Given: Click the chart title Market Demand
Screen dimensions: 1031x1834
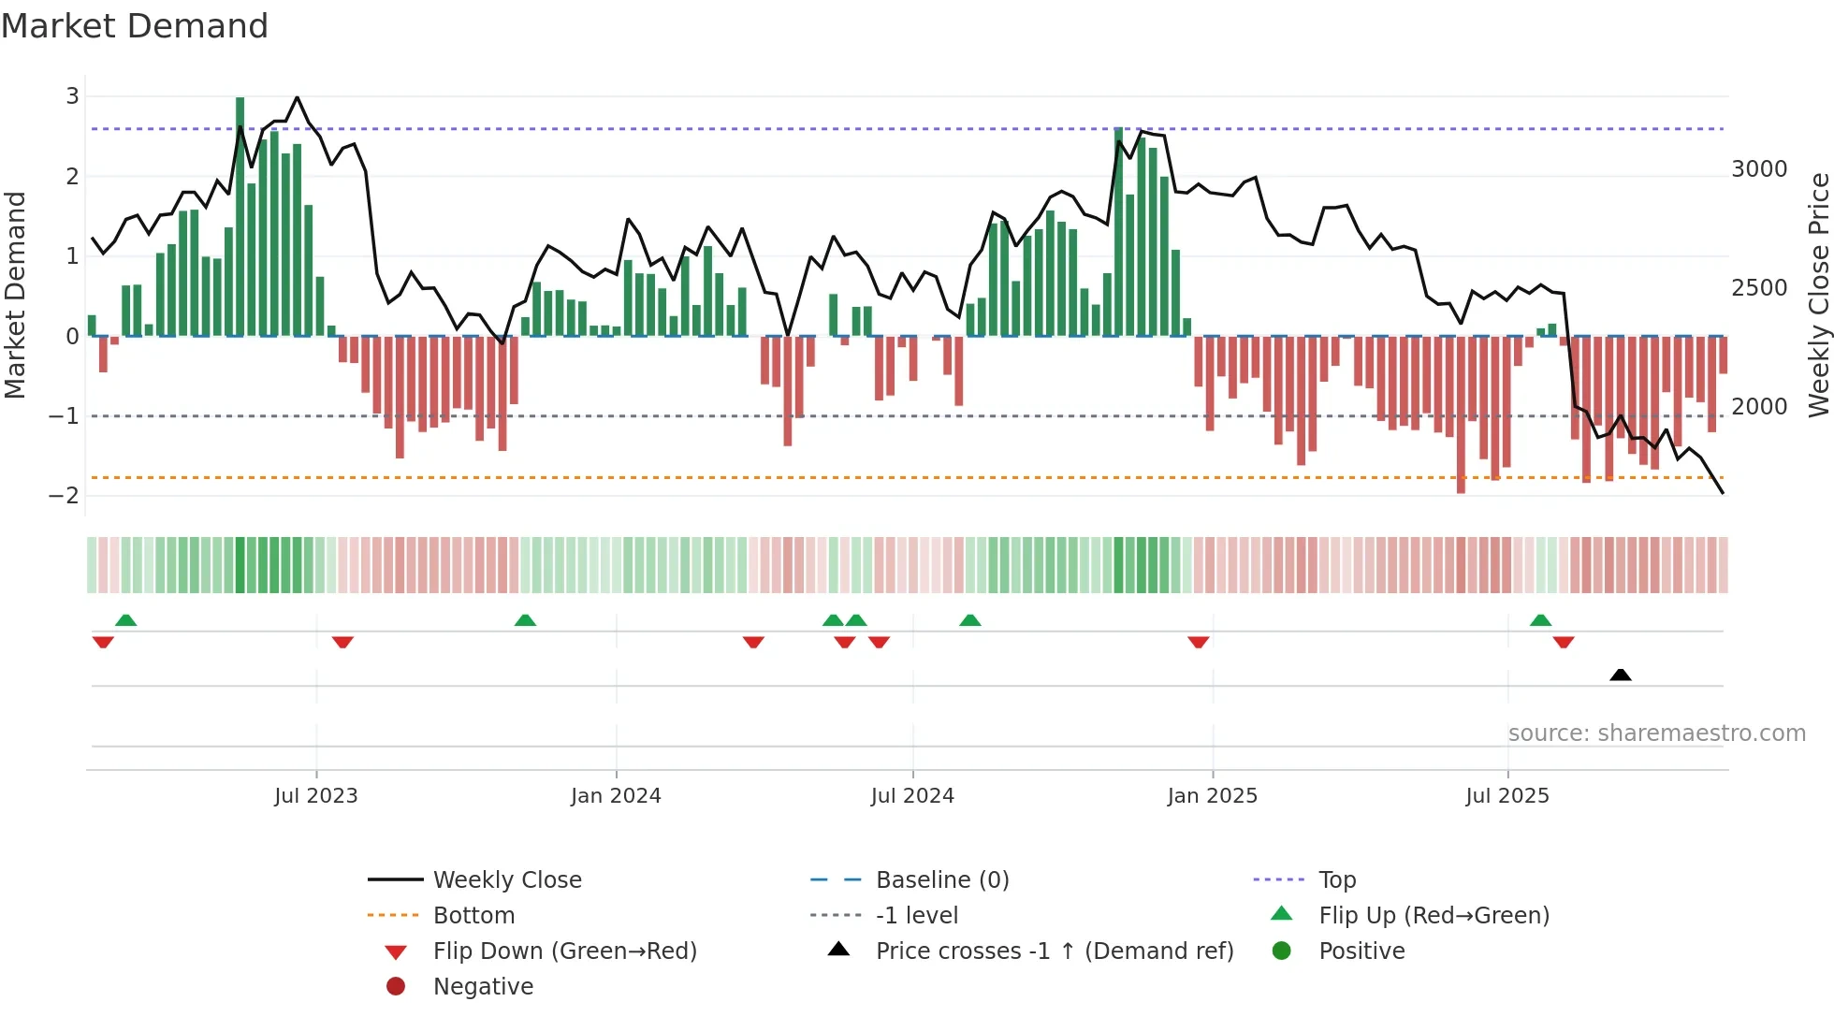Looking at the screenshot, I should pyautogui.click(x=135, y=26).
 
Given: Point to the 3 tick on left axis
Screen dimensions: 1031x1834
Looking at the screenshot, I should pyautogui.click(x=72, y=96).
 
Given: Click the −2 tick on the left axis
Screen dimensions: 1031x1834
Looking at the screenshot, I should pyautogui.click(x=65, y=496).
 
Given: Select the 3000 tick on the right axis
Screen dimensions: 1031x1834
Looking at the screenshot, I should pyautogui.click(x=1759, y=169).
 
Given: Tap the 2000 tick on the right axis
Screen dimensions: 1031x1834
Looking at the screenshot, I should pyautogui.click(x=1759, y=407).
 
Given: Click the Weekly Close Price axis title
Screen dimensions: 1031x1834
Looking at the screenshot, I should pyautogui.click(x=1818, y=295).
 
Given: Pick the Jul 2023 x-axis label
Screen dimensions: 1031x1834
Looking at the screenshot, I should pyautogui.click(x=316, y=796).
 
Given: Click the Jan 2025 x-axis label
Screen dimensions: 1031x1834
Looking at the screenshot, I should pyautogui.click(x=1213, y=796).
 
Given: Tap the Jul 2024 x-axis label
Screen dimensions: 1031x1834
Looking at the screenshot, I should pyautogui.click(x=912, y=796).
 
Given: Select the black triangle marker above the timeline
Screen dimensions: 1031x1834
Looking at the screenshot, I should pyautogui.click(x=1621, y=675).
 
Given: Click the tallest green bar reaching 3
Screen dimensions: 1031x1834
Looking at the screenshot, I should pyautogui.click(x=240, y=215).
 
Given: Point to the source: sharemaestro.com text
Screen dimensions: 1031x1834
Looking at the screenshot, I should pyautogui.click(x=1656, y=733).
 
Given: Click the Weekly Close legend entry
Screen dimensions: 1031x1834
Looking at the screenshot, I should pyautogui.click(x=507, y=880).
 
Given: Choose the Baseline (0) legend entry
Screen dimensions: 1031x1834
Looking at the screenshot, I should pyautogui.click(x=942, y=880).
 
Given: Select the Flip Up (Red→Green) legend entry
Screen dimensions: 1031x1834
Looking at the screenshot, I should pyautogui.click(x=1434, y=916).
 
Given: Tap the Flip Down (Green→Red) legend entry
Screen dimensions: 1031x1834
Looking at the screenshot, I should pyautogui.click(x=564, y=951).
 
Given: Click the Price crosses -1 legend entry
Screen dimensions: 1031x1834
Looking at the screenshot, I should pyautogui.click(x=1055, y=951).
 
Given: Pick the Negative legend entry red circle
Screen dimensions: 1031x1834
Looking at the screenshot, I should pyautogui.click(x=396, y=987).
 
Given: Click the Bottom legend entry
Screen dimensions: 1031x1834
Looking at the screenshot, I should pyautogui.click(x=473, y=916).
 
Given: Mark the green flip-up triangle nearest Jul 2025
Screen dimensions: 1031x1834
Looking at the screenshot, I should pyautogui.click(x=1540, y=620).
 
